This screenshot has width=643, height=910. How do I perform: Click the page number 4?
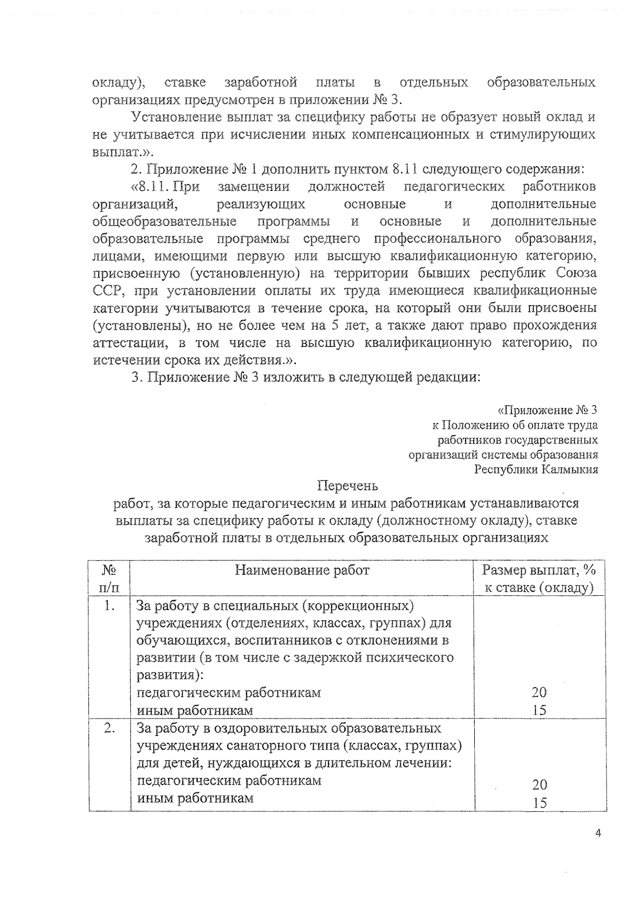click(599, 848)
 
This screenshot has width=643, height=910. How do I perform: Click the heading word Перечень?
click(347, 486)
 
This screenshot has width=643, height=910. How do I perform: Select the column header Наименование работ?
click(302, 570)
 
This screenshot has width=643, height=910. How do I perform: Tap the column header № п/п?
click(109, 579)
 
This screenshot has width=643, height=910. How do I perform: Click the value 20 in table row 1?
click(539, 692)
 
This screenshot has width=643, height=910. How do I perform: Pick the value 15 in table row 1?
click(539, 711)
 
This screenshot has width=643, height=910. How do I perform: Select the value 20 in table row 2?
click(540, 785)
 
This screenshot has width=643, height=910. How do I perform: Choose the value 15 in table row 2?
click(540, 803)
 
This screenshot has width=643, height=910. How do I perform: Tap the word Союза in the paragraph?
click(576, 273)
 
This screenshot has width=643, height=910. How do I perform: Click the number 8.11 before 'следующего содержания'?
click(405, 169)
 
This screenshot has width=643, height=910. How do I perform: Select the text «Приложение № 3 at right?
click(547, 411)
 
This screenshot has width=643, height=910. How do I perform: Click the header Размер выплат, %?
click(539, 570)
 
